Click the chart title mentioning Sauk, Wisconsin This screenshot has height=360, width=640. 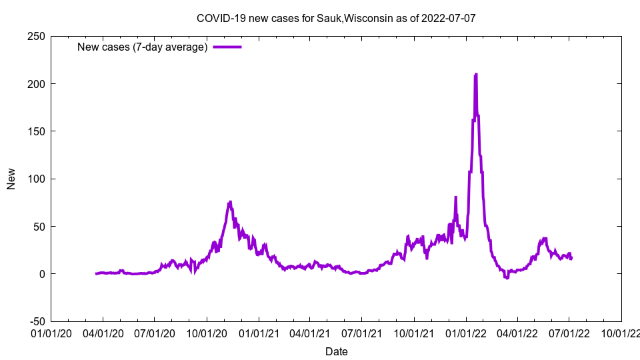coord(336,18)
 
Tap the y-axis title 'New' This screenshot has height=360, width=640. coord(11,179)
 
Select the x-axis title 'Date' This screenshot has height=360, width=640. coord(336,351)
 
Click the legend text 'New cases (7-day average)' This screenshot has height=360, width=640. coord(143,47)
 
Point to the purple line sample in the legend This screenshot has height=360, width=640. coord(227,47)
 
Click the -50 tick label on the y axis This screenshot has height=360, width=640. coord(36,321)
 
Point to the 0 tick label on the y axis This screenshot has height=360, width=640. coord(41,274)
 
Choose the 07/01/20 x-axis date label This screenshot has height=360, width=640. coord(155,331)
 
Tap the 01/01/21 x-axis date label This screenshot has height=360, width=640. coord(259,331)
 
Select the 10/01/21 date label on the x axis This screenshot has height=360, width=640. coord(413,331)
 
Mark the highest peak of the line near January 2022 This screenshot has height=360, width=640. coord(475,75)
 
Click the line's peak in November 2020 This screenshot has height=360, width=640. coord(230,202)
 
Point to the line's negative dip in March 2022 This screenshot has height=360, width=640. coord(507,277)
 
